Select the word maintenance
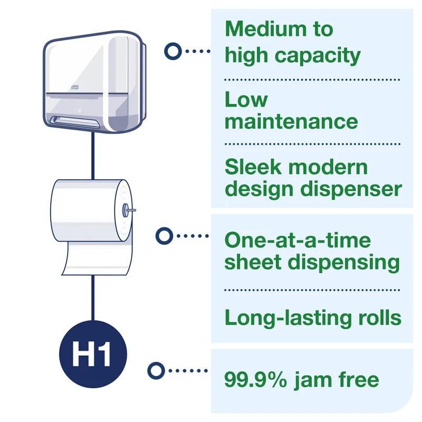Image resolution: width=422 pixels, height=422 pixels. coord(291,121)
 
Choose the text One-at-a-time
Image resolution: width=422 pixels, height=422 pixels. coord(298,241)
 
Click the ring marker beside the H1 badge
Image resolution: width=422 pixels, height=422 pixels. coord(155,371)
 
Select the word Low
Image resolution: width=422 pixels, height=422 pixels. coord(246,100)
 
